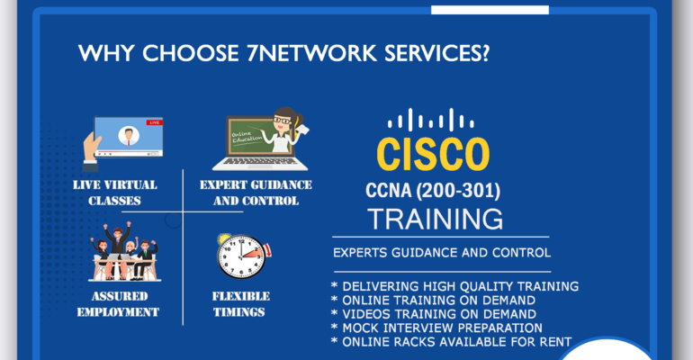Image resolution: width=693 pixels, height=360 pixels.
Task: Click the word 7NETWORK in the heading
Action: (x=312, y=53)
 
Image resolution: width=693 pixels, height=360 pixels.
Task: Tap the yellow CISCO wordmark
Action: (x=433, y=154)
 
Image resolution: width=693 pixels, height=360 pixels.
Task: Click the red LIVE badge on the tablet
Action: (x=154, y=122)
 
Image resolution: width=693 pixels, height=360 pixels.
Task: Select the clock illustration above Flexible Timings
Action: (x=244, y=256)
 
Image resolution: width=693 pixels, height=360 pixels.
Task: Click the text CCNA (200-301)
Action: (x=433, y=191)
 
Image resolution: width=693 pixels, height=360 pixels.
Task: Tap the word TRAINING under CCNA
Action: (x=436, y=219)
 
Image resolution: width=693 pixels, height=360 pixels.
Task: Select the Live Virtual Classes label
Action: (x=115, y=193)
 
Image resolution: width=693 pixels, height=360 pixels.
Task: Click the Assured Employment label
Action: (x=119, y=304)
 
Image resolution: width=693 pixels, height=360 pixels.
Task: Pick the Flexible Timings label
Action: (x=240, y=304)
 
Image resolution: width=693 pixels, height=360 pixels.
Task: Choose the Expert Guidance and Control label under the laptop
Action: (x=256, y=193)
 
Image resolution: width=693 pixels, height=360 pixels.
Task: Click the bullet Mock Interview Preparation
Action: (x=436, y=328)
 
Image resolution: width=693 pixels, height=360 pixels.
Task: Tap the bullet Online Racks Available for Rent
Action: (x=451, y=342)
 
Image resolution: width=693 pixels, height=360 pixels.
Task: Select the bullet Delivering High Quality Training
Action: (x=454, y=286)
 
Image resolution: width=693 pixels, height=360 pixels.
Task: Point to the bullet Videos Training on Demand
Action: (x=434, y=314)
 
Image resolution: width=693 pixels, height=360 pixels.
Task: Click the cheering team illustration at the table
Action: (x=124, y=252)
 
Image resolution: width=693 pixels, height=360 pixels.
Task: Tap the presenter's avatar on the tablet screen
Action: (x=129, y=136)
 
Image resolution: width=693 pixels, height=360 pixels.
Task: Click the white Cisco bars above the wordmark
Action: (x=431, y=120)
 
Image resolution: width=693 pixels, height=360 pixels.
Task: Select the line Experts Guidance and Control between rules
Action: (x=442, y=253)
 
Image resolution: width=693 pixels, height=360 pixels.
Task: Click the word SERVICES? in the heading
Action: (x=436, y=53)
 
